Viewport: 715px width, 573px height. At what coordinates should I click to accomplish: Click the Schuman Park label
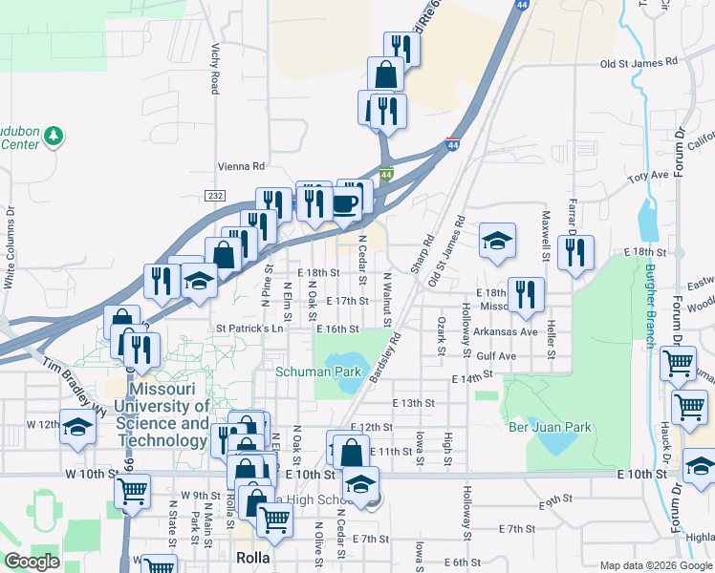tap(311, 371)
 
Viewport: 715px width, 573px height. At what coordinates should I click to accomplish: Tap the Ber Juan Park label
tap(550, 427)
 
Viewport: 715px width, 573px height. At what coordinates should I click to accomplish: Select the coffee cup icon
tap(345, 203)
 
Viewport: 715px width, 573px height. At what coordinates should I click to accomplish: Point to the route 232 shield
tap(213, 196)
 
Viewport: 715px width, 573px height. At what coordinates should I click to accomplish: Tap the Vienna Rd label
tap(241, 164)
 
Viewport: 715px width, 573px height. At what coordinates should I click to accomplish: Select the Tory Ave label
tap(647, 177)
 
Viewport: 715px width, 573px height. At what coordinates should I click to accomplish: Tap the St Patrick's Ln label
tap(250, 329)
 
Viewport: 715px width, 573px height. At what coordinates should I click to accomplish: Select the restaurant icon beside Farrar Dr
tap(575, 254)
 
